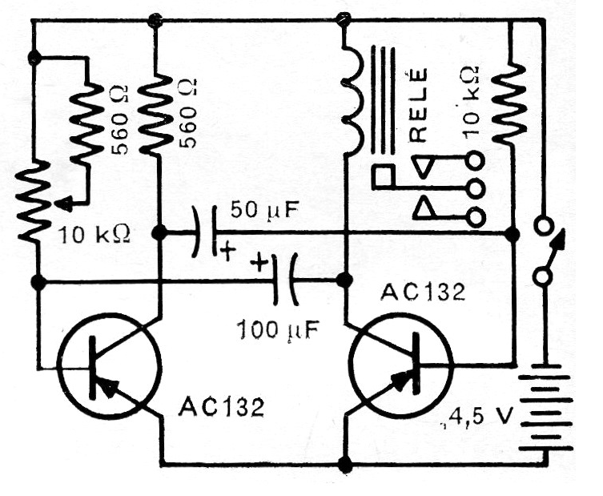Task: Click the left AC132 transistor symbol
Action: click(109, 365)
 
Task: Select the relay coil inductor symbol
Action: click(351, 101)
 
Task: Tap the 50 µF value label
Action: click(264, 212)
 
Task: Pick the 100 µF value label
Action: click(279, 331)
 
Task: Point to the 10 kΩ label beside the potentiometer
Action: click(94, 235)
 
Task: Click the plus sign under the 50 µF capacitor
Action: click(227, 252)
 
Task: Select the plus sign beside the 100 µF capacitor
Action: click(259, 264)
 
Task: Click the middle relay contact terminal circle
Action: click(476, 189)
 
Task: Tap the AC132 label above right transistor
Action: click(423, 292)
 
